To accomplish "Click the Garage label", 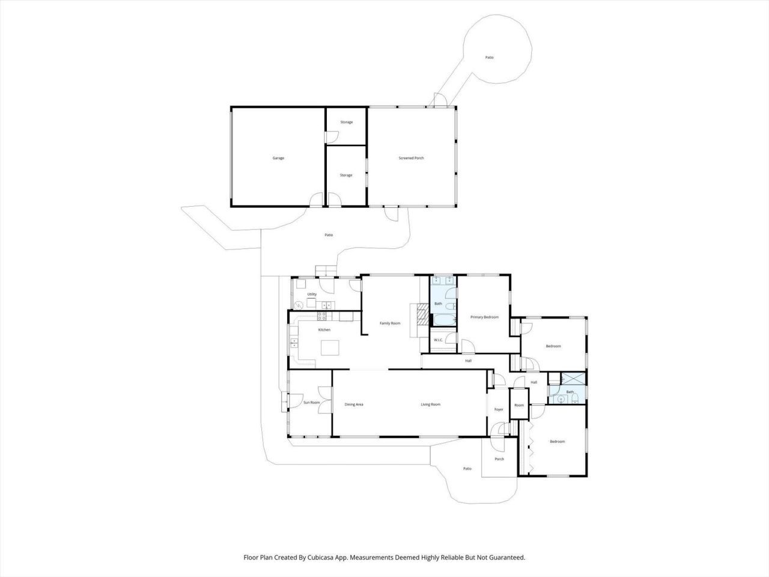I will click(278, 158).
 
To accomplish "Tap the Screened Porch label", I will click(412, 158).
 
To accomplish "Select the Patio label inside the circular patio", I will click(490, 58).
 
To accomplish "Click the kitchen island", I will click(329, 348).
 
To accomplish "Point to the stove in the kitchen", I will click(322, 316).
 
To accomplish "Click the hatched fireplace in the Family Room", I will click(422, 313).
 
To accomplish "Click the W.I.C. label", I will click(439, 340).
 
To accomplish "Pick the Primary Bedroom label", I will click(484, 317).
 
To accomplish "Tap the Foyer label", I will click(499, 409).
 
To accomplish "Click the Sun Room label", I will click(311, 403).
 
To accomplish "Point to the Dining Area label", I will click(354, 405).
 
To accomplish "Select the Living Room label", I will click(430, 405).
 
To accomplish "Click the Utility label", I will click(312, 294).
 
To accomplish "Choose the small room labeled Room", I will click(519, 405).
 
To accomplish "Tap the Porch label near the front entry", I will click(499, 459).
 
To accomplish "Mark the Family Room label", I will click(390, 323).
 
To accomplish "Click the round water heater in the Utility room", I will click(298, 304).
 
